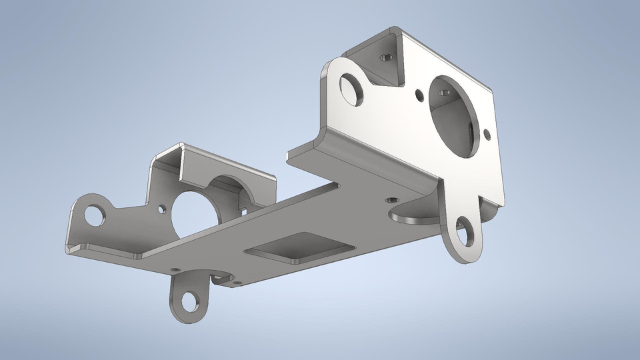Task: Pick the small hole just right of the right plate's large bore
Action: pyautogui.click(x=487, y=133)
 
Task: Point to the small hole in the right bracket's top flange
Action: pyautogui.click(x=383, y=57)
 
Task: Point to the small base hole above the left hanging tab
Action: pyautogui.click(x=175, y=269)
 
